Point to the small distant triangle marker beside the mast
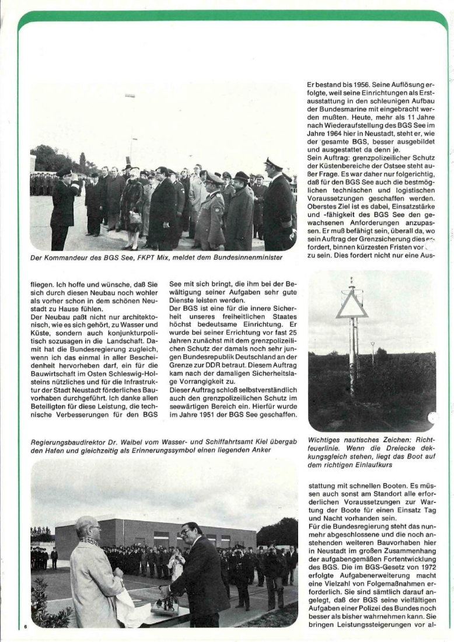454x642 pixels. pos(373,346)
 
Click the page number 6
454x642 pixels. pos(26,627)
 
